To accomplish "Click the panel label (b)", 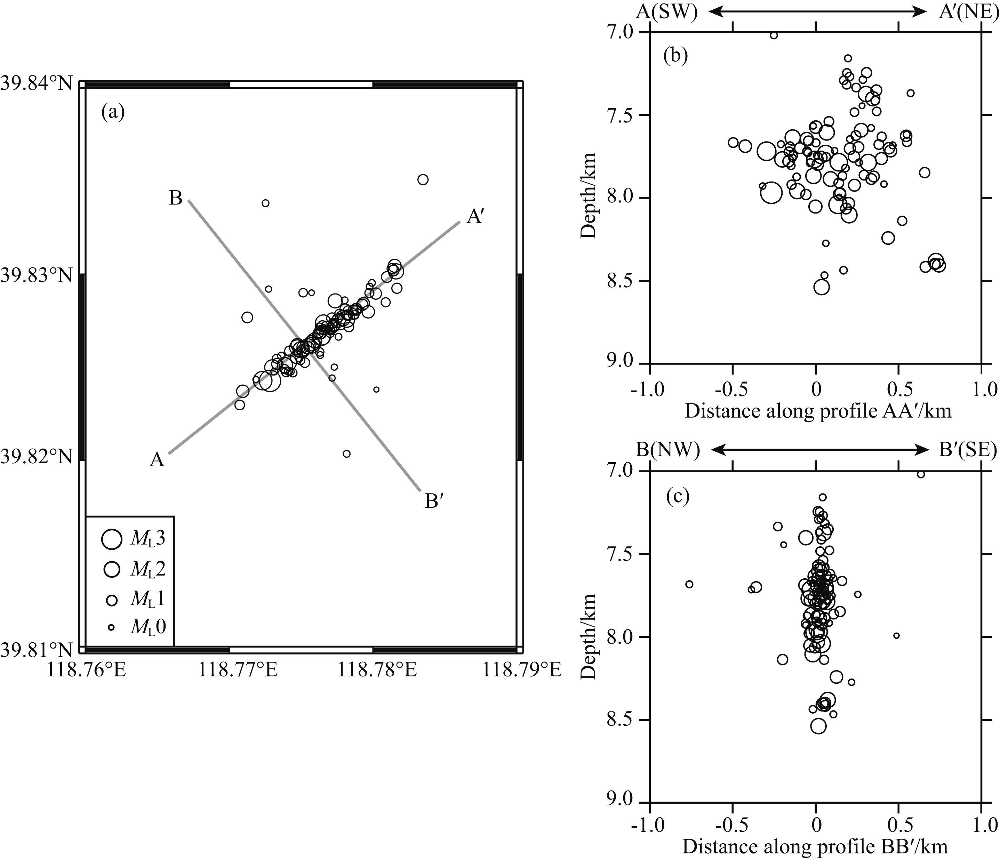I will [x=676, y=56].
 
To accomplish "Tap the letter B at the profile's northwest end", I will [x=175, y=198].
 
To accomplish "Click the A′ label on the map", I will [x=475, y=217].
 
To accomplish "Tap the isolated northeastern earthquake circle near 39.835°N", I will [x=423, y=179].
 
